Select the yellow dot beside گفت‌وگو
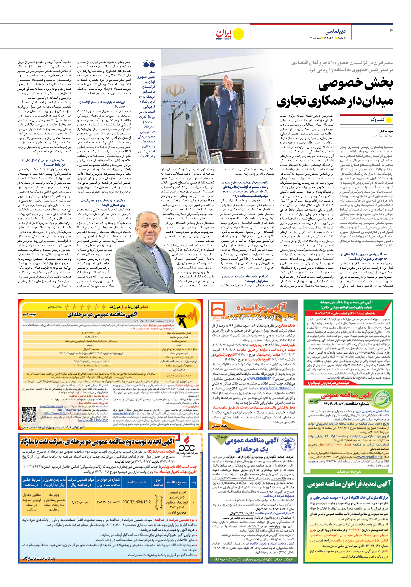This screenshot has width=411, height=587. click(389, 120)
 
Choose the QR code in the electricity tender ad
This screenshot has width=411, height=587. click(29, 414)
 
